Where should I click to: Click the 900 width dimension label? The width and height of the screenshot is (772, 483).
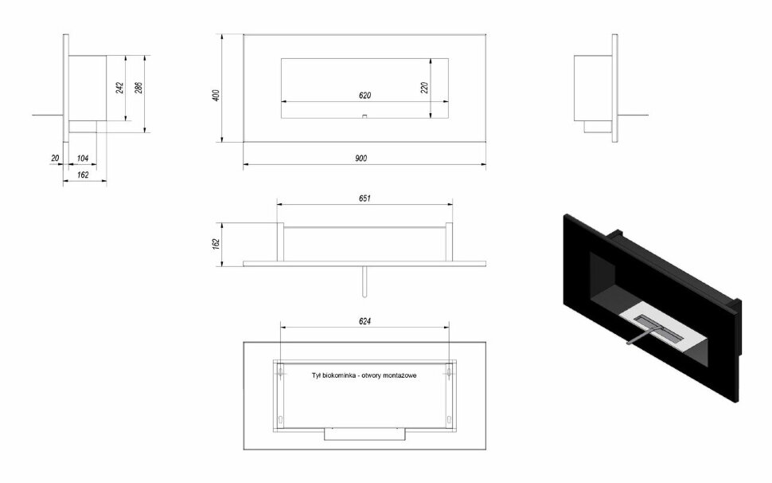[361, 158]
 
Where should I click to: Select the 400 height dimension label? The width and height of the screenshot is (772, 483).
[216, 95]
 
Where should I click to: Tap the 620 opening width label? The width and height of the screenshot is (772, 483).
[365, 95]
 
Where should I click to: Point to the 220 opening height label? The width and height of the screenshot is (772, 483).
[424, 88]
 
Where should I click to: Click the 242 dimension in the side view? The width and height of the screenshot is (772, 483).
[119, 88]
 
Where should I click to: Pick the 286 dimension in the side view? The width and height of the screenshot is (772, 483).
[138, 88]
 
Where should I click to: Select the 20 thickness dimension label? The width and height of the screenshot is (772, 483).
[55, 158]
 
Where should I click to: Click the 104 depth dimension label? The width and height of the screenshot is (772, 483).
[83, 158]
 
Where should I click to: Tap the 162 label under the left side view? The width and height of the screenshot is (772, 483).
[83, 175]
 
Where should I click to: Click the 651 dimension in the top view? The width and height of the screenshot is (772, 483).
[365, 198]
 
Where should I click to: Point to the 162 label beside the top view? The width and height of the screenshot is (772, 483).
[216, 244]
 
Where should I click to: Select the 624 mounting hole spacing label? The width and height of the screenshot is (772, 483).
[365, 321]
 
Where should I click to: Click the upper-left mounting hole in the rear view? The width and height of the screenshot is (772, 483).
[280, 371]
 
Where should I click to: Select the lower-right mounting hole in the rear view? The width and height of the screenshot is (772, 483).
[449, 419]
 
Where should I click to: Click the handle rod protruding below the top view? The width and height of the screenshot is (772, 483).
[365, 281]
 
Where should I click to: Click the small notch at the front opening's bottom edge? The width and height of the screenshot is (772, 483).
[365, 117]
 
